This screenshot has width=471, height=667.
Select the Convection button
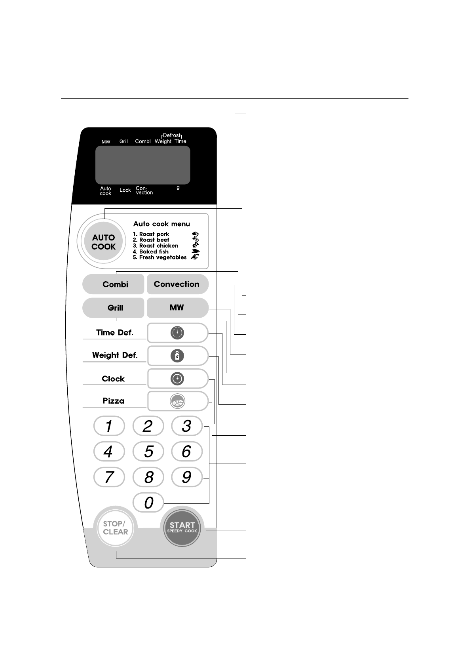[x=177, y=284]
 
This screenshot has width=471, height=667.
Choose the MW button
[x=177, y=308]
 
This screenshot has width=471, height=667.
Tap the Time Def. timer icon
[x=177, y=333]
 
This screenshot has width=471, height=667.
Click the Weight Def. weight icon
[x=177, y=356]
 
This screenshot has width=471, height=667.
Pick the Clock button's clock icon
[x=177, y=379]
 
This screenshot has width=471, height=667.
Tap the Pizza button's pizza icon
[x=177, y=402]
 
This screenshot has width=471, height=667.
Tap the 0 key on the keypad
[x=148, y=503]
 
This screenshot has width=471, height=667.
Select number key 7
[x=109, y=477]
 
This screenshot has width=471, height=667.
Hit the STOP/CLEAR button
[x=116, y=528]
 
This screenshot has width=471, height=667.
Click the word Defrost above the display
[x=172, y=135]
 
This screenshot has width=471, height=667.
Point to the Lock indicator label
[x=125, y=190]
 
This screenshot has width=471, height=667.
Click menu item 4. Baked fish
[x=151, y=252]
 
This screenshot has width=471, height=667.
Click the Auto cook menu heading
[x=161, y=224]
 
